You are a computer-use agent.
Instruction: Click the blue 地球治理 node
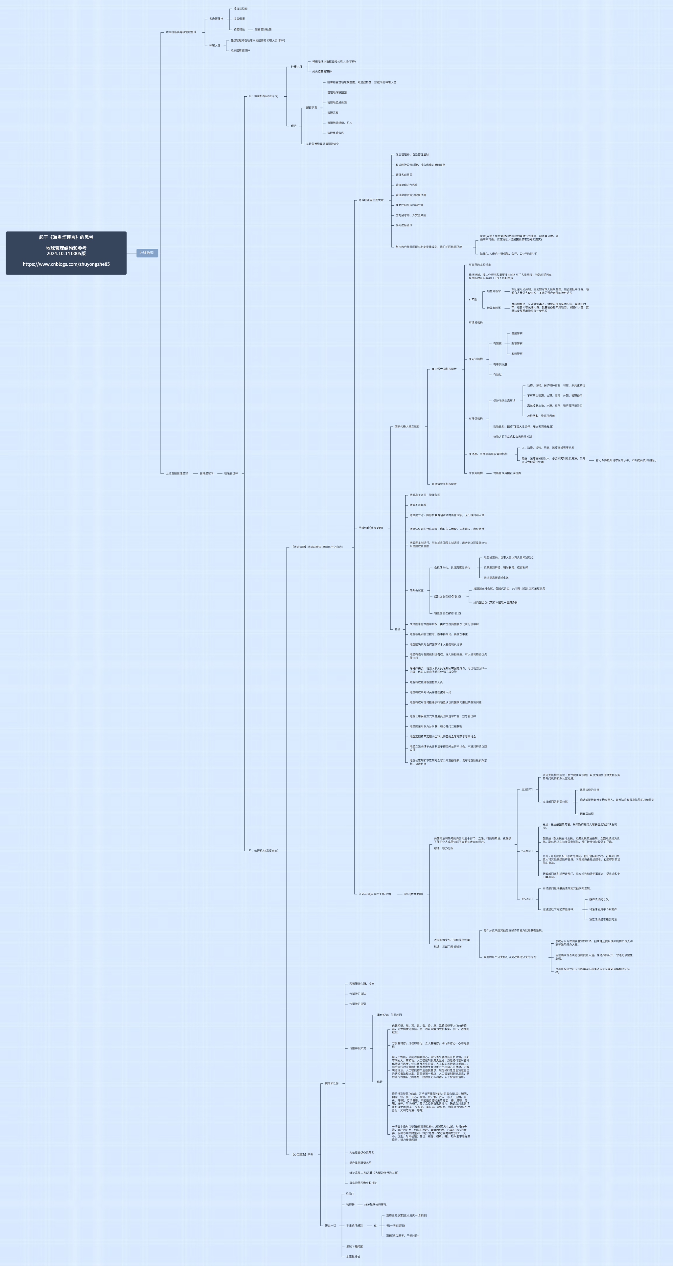(x=147, y=253)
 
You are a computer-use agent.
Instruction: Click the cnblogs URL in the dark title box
(x=66, y=264)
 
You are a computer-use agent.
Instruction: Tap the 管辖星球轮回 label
(x=263, y=30)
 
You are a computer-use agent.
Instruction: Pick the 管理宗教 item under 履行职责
(x=333, y=113)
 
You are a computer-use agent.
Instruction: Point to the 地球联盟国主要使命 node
(x=371, y=200)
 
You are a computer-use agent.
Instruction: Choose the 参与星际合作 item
(x=404, y=225)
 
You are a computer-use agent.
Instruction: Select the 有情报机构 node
(x=476, y=322)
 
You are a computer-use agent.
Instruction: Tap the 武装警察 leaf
(x=517, y=353)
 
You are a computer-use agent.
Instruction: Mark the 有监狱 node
(x=498, y=375)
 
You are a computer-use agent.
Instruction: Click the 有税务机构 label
(x=476, y=473)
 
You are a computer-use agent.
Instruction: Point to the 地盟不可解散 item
(x=418, y=505)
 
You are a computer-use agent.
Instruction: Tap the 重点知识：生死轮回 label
(x=389, y=1014)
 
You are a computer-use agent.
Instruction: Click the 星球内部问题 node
(x=355, y=1246)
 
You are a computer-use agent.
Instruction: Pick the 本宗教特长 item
(x=353, y=1256)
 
